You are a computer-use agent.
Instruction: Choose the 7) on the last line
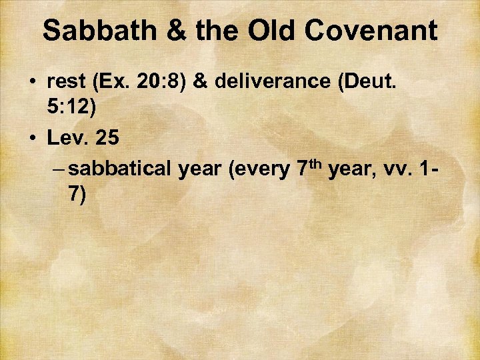(76, 195)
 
